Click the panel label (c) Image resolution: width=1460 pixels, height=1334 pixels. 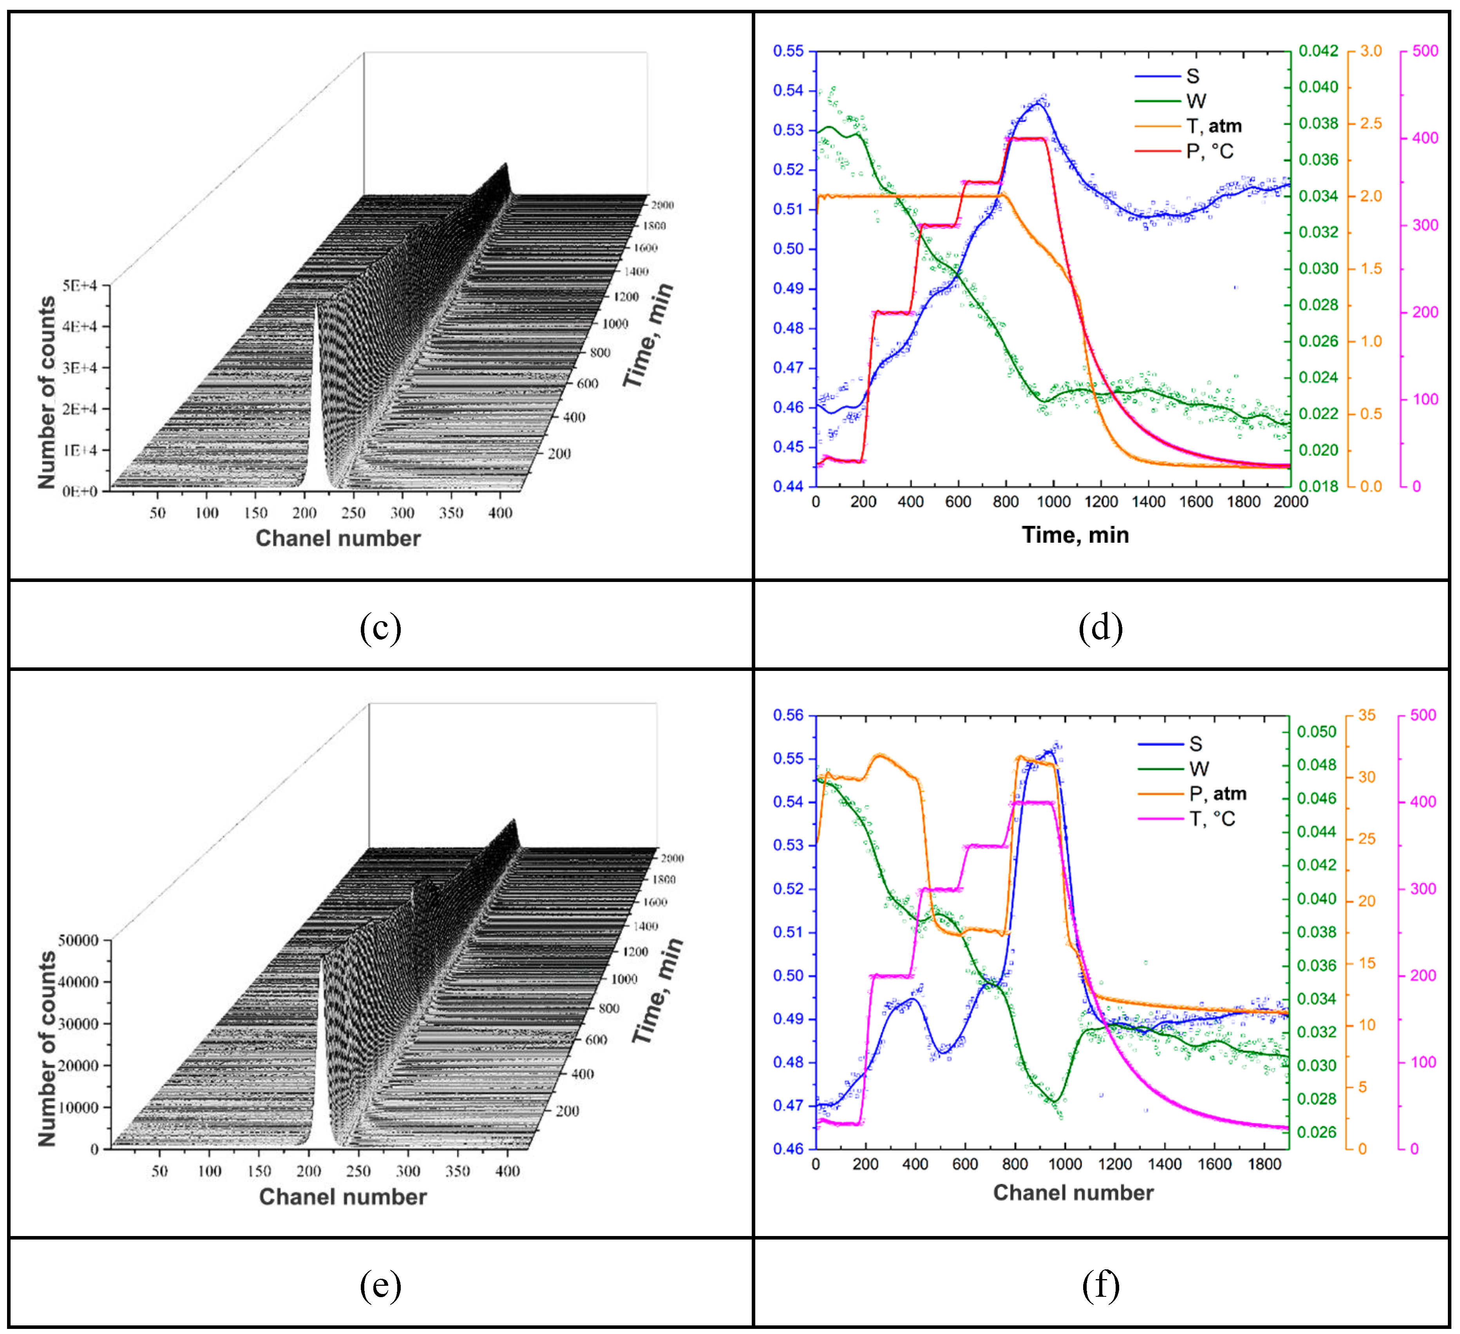380,627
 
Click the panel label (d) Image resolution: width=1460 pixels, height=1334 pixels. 1100,627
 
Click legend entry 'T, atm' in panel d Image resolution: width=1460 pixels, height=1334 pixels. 1213,126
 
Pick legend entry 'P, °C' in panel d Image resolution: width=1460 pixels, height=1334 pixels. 1209,151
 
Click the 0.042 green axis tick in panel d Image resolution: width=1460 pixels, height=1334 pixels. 1318,51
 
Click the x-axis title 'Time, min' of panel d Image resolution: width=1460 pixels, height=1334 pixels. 1075,535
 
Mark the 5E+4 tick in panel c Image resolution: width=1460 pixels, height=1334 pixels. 79,286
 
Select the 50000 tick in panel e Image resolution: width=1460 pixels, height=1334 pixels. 78,941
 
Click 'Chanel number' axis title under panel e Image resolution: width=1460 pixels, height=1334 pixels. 342,1197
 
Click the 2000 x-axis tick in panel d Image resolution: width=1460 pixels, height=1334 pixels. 1290,502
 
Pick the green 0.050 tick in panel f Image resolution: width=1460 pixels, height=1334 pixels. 1317,732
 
